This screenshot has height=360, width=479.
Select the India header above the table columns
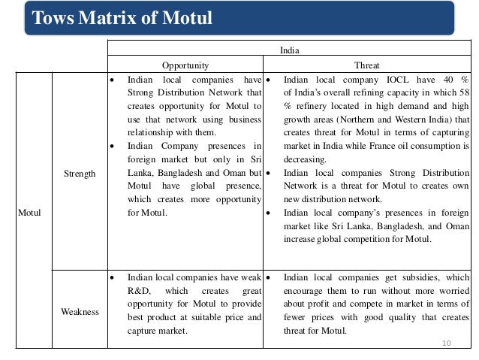(288, 52)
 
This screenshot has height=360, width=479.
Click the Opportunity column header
(185, 65)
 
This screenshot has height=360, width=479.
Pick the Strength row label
(80, 174)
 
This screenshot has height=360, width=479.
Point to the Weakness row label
(80, 311)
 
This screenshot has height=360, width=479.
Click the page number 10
(447, 343)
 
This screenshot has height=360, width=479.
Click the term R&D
(139, 291)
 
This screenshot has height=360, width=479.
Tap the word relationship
(152, 133)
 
